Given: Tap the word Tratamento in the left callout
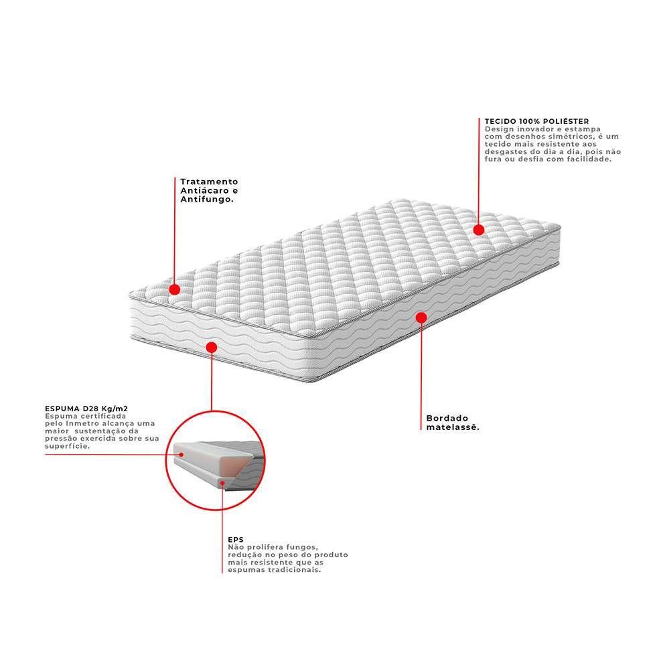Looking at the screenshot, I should pyautogui.click(x=209, y=182).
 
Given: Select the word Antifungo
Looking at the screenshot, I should pyautogui.click(x=207, y=200).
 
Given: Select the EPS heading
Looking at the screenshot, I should pyautogui.click(x=235, y=538).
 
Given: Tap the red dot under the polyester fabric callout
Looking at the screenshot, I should pyautogui.click(x=478, y=230).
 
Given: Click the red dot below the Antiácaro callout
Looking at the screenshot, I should pyautogui.click(x=174, y=289).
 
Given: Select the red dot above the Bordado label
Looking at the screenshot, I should pyautogui.click(x=421, y=317).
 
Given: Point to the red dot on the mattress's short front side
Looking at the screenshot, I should pyautogui.click(x=212, y=347).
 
